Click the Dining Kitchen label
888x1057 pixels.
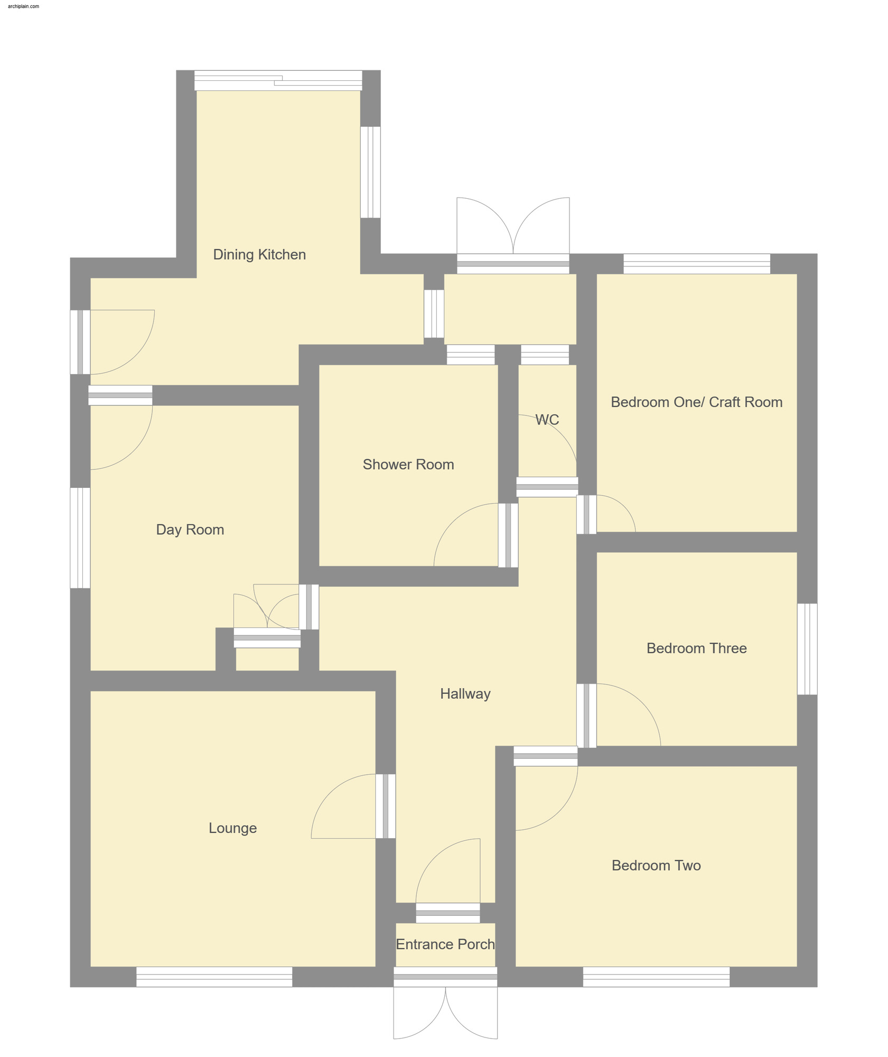click(x=259, y=254)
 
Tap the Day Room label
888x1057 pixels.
click(x=190, y=530)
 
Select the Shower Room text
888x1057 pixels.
click(x=408, y=465)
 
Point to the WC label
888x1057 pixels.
click(x=547, y=420)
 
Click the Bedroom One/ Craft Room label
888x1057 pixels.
click(x=696, y=402)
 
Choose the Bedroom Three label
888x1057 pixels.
click(x=696, y=648)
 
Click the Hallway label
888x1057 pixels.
click(x=465, y=694)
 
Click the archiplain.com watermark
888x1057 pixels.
click(x=23, y=6)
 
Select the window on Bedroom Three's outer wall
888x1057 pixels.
click(x=807, y=649)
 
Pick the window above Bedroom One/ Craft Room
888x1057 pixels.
click(x=696, y=264)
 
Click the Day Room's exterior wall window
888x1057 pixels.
click(x=80, y=537)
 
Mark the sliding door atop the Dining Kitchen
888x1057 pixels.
click(x=278, y=80)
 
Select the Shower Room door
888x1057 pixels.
click(x=508, y=535)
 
